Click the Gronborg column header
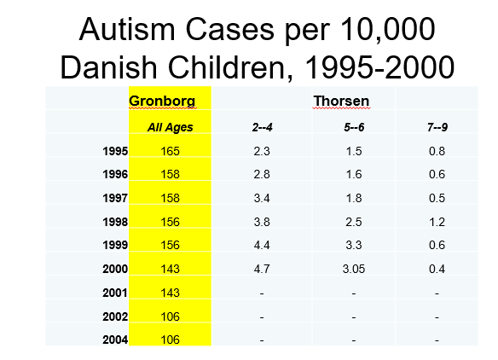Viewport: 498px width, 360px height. (162, 101)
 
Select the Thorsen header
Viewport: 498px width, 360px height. (341, 101)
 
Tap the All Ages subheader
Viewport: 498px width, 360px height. (171, 127)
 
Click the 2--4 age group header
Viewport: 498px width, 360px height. (263, 127)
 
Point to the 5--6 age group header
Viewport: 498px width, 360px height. (354, 127)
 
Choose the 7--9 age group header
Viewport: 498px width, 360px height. (437, 127)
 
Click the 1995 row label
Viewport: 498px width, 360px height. (115, 151)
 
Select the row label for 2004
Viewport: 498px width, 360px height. (115, 340)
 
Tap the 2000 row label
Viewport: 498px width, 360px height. (115, 269)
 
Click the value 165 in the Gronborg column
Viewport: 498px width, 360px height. (171, 151)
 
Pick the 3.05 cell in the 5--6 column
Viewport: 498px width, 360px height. (354, 269)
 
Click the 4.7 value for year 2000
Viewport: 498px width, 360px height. (262, 269)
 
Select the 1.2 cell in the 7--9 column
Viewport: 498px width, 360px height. (437, 222)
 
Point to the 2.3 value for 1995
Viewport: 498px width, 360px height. (262, 151)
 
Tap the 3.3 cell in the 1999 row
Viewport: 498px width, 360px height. (354, 246)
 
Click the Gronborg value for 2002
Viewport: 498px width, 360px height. (171, 316)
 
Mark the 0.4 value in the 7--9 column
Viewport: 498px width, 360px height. (437, 269)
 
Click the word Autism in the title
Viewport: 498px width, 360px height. (127, 29)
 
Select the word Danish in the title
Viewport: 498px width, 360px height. (108, 67)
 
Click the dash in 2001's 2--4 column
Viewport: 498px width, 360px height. (262, 293)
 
